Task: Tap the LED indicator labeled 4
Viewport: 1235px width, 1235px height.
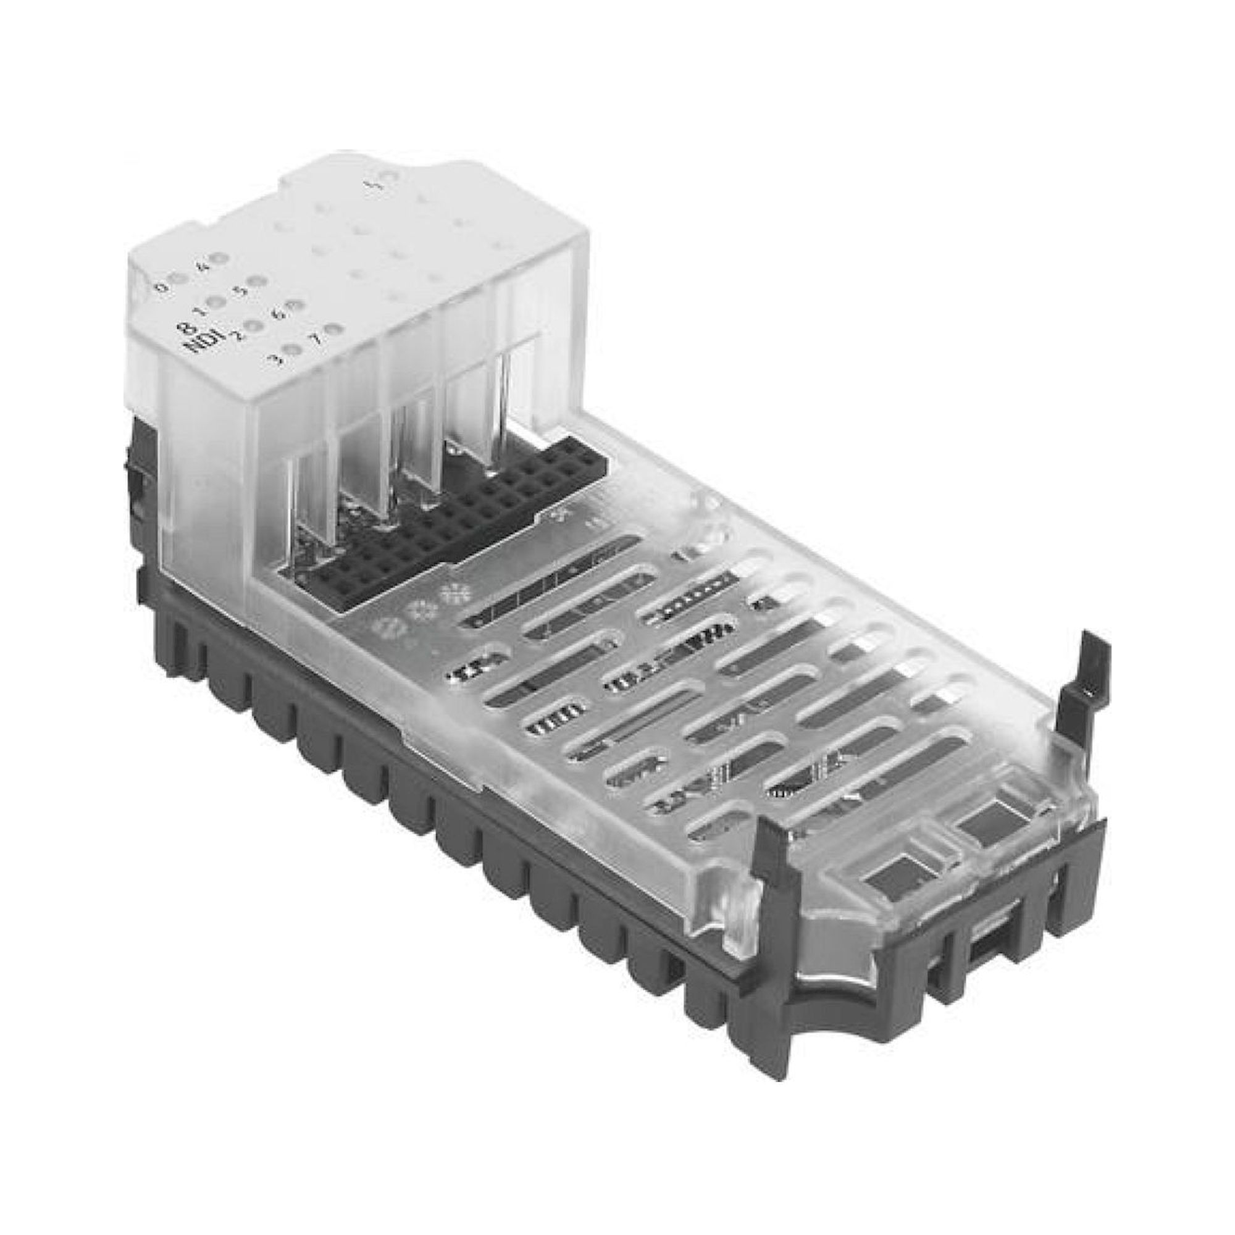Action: coord(220,259)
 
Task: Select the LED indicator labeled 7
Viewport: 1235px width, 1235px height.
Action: coord(332,330)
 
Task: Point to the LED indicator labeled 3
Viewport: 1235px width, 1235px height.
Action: coord(293,350)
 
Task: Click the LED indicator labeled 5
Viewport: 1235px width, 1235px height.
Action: coord(257,281)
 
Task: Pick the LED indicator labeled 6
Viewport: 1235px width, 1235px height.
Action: coord(295,306)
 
